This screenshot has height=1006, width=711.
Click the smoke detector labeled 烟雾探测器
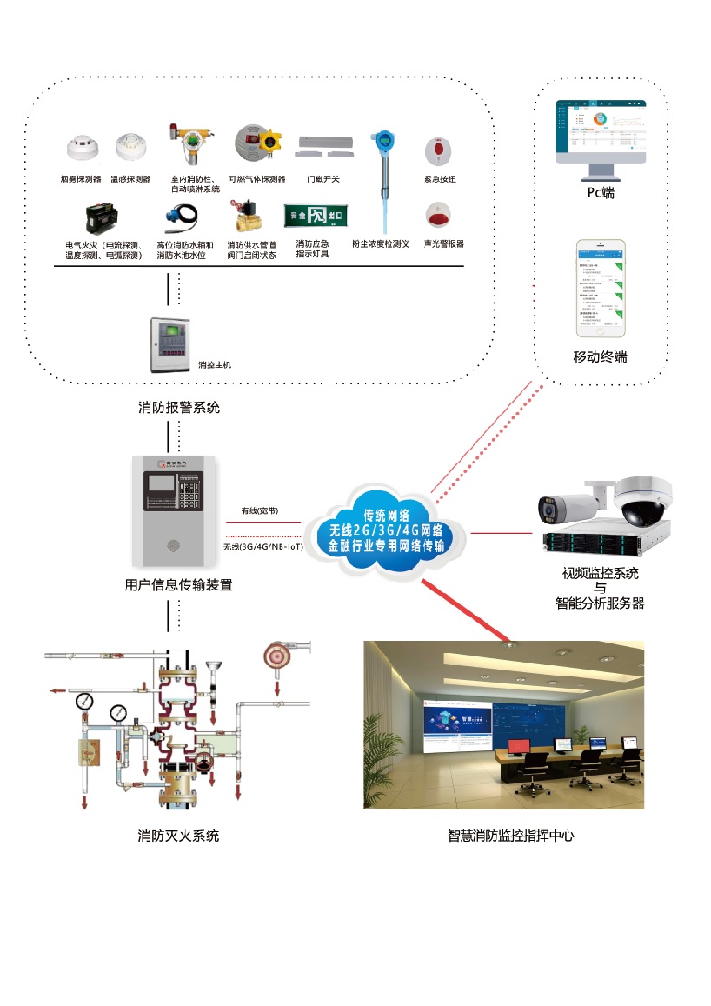83,148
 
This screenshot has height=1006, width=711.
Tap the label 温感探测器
130,179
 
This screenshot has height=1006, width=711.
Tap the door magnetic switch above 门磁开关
324,145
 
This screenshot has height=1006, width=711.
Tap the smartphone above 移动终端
601,287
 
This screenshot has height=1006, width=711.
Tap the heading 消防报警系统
179,407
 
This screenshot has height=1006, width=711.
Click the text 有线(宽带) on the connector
260,511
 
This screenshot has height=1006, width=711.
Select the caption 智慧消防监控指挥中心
510,836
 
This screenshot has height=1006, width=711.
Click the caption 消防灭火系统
179,836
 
